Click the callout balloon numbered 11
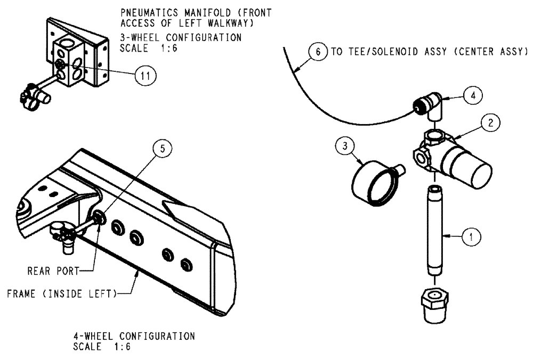tap(142, 76)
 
